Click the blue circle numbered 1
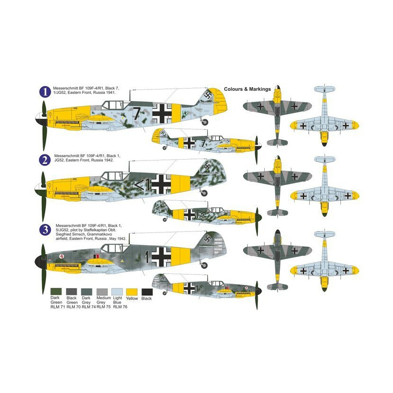(x=45, y=92)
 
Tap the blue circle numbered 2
(x=45, y=160)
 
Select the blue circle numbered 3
(x=45, y=230)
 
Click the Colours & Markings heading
(x=247, y=89)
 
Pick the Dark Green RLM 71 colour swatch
(x=56, y=292)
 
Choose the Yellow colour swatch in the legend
(x=132, y=292)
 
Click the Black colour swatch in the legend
(x=147, y=292)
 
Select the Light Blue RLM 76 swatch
(x=117, y=292)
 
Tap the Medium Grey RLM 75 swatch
(x=102, y=292)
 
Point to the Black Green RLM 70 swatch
(x=71, y=292)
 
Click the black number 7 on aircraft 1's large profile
(x=136, y=113)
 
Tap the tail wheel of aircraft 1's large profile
(x=205, y=122)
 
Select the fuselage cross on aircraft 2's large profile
(x=161, y=184)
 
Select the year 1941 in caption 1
(x=111, y=92)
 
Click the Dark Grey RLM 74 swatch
(x=87, y=292)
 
